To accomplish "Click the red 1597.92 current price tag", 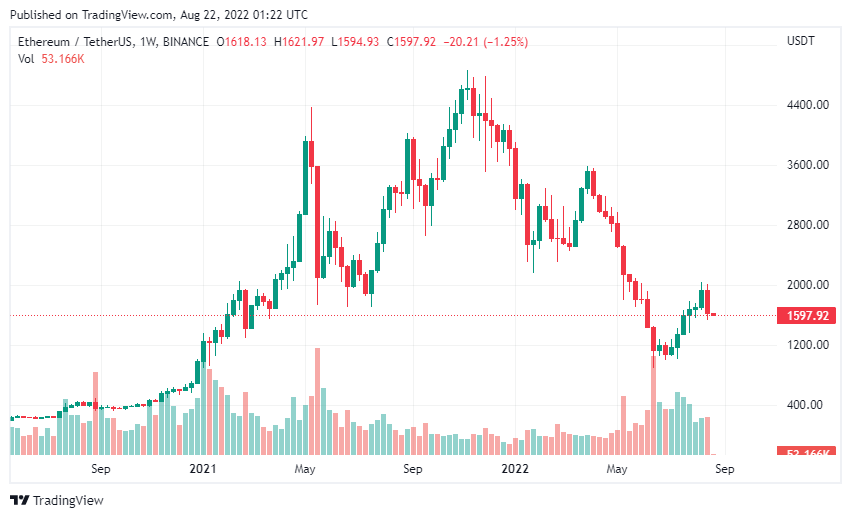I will point(806,316).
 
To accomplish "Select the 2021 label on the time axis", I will point(204,468).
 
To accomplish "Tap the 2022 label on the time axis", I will point(515,468).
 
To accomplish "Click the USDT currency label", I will point(801,41).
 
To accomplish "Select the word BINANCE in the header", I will point(185,41).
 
